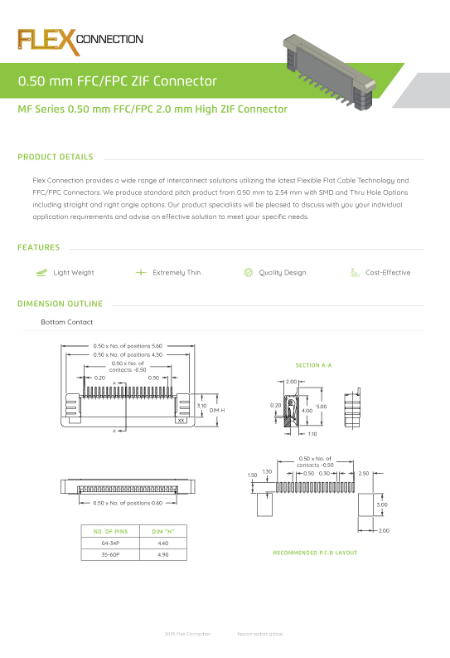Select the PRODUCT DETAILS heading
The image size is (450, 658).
(55, 157)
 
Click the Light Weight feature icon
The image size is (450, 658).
(41, 272)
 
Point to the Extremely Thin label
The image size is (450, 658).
(177, 272)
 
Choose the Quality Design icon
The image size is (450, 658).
(248, 272)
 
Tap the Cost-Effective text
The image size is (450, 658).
(388, 272)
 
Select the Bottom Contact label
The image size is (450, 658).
(67, 322)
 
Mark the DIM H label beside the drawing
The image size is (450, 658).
(217, 411)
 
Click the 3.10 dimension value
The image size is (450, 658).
(201, 406)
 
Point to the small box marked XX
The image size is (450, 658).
(181, 421)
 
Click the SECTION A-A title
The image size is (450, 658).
(313, 365)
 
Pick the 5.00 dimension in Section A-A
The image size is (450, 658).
(322, 407)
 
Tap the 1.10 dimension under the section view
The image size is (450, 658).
(312, 434)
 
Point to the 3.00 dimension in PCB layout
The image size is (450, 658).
(381, 504)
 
